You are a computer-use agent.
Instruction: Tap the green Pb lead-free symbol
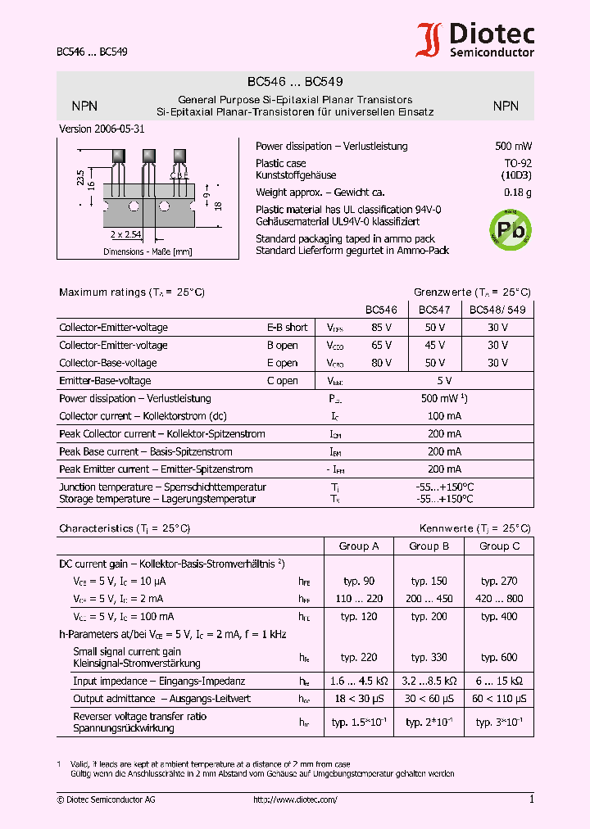tap(510, 229)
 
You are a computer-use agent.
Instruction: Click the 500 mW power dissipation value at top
tap(513, 147)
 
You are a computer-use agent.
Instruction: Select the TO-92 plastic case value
tap(517, 164)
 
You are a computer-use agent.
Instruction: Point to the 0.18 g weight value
tap(517, 193)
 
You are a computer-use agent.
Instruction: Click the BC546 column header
tap(381, 310)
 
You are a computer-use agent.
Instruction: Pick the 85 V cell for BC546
tap(381, 328)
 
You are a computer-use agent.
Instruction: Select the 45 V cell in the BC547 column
tap(433, 346)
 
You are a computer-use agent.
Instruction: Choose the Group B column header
tap(429, 546)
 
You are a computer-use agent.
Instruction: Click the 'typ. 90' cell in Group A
tap(359, 581)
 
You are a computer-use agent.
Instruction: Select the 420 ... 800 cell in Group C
tap(500, 599)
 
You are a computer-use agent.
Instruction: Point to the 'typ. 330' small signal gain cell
tap(429, 657)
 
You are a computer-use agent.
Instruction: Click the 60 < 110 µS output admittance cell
tap(500, 699)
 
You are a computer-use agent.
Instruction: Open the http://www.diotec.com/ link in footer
tap(295, 800)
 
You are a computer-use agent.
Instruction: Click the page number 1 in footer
tap(531, 800)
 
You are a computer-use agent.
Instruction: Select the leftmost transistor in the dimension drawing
tap(120, 156)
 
